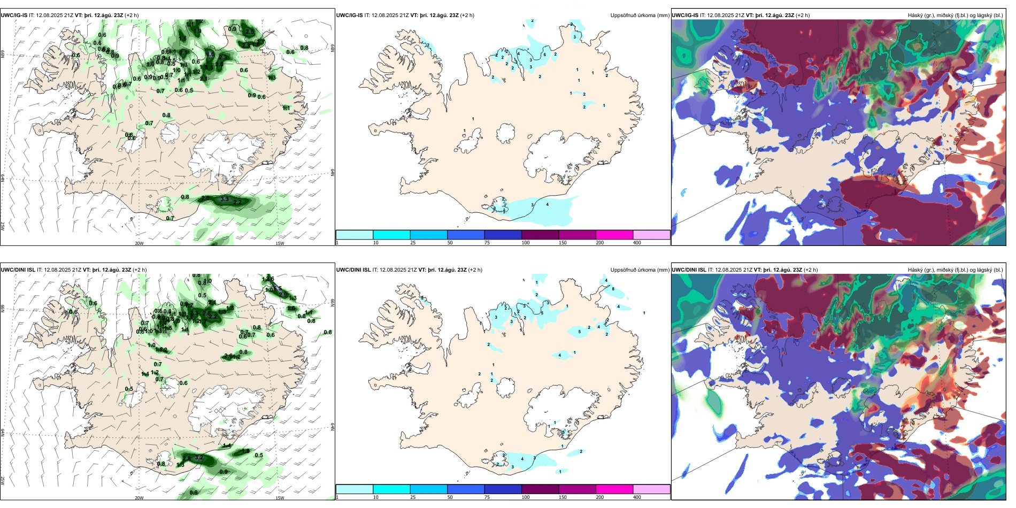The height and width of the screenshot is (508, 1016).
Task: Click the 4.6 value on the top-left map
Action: [210, 54]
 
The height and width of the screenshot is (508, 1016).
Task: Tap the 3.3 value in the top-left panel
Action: [225, 199]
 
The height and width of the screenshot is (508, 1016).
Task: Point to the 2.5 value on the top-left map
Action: [250, 32]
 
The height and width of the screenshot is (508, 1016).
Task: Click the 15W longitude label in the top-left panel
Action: [279, 243]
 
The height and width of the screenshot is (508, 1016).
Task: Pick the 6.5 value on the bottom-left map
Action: [277, 289]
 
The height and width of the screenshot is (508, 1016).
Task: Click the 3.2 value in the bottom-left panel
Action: [199, 458]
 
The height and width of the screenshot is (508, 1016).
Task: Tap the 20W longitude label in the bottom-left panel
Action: [139, 498]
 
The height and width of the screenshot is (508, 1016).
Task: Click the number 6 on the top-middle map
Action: [545, 55]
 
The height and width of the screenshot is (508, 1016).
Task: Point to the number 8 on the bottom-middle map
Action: [613, 289]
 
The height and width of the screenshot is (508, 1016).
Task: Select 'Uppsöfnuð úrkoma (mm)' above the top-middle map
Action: [640, 16]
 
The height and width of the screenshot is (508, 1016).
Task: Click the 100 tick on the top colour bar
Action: [526, 243]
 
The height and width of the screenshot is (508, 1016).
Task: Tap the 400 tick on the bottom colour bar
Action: [637, 497]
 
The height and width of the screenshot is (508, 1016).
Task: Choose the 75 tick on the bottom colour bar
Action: [487, 497]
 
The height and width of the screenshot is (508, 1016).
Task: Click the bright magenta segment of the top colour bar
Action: [614, 235]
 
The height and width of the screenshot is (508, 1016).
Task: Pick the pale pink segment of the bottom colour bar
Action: [651, 489]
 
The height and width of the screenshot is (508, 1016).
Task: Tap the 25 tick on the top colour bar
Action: [413, 243]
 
